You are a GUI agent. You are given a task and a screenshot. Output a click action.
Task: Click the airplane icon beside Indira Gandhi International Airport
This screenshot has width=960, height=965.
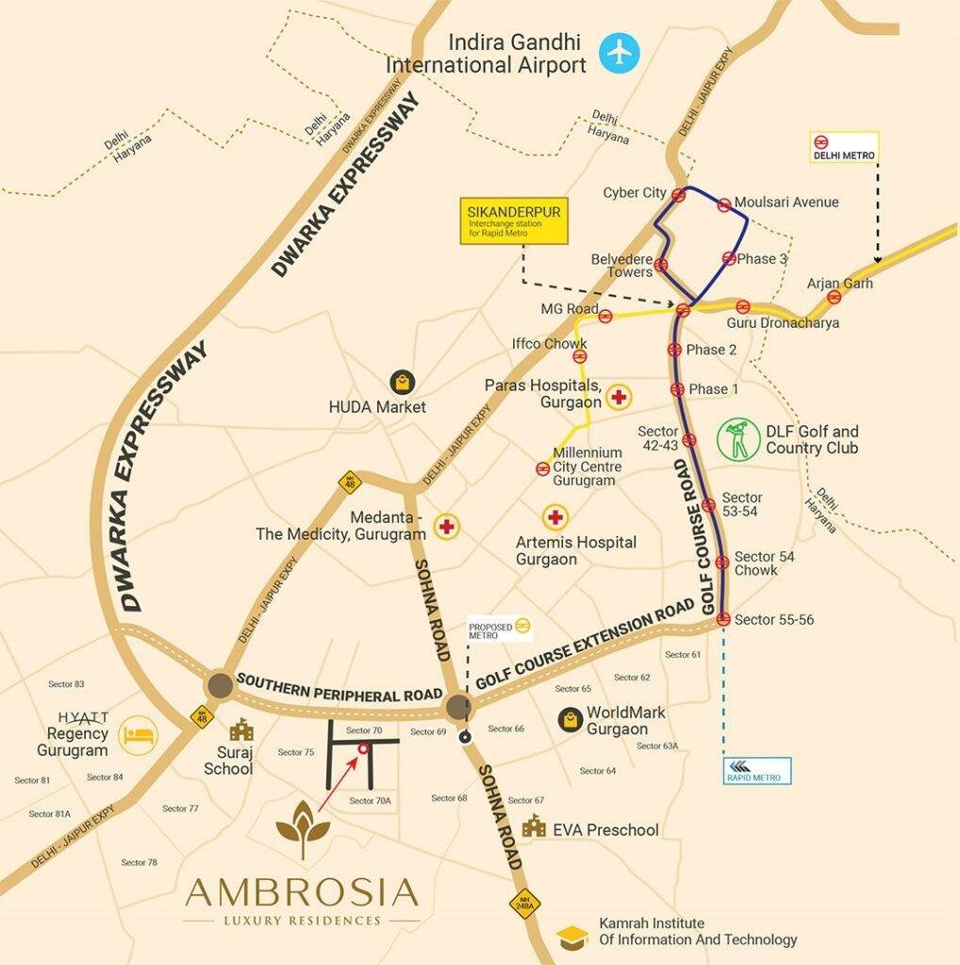coord(619,51)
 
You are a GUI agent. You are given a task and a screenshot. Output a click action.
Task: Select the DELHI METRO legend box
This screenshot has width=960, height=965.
coord(844,147)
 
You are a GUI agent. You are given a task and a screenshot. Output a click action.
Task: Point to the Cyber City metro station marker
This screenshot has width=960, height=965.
coord(678,194)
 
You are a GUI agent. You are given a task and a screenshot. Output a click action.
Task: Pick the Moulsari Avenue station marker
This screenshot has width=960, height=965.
coord(723,204)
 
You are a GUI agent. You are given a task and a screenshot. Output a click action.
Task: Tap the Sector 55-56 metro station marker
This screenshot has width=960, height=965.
coord(723,619)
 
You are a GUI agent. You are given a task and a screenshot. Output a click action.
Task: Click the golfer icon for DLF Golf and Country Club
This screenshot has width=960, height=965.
coord(738,440)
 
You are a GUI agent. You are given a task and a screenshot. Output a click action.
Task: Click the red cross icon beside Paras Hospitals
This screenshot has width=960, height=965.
coord(619,398)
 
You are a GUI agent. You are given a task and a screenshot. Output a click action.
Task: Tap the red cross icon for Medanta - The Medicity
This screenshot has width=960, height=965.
coord(445,526)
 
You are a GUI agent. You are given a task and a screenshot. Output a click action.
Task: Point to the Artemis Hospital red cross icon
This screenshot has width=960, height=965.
coord(554,516)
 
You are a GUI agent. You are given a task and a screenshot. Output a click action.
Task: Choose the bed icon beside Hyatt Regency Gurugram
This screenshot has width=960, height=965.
coord(139,735)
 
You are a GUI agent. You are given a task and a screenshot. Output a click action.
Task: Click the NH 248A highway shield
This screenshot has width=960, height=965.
coord(524,903)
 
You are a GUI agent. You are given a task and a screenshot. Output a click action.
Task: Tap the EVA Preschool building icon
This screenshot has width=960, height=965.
coord(534,826)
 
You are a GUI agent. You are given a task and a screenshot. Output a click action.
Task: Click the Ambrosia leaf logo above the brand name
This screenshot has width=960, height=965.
coord(302,829)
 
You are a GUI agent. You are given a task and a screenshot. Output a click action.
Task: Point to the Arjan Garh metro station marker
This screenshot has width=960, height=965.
coord(834,297)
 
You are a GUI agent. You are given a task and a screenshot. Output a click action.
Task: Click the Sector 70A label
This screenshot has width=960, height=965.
coord(370,801)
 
